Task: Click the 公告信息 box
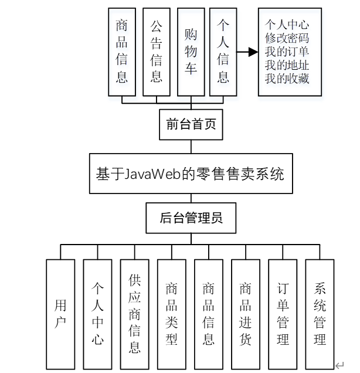pos(156,52)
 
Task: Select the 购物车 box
pos(191,52)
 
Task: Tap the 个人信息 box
pos(223,52)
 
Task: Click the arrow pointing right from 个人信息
pos(249,52)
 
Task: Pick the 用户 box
pos(60,314)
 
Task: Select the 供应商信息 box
pos(135,314)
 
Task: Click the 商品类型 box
pos(172,314)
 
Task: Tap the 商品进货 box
pos(246,314)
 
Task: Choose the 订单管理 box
pos(283,314)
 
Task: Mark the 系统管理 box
pos(320,314)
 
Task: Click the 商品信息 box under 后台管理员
pos(209,314)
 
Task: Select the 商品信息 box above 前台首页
pos(121,52)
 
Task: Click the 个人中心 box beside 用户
pos(97,314)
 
